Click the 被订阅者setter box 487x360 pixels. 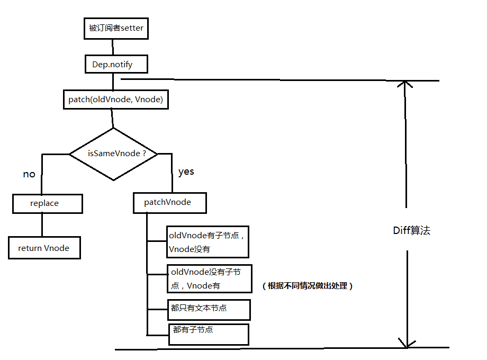point(116,29)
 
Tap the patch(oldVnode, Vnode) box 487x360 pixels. point(115,100)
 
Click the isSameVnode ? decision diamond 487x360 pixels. point(114,154)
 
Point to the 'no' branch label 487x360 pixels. point(29,174)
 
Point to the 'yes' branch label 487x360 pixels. point(186,172)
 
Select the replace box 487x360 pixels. point(48,203)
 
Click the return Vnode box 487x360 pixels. point(44,248)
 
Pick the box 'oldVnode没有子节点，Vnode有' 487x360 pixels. point(209,278)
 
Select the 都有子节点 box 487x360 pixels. point(208,334)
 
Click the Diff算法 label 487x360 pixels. point(411,230)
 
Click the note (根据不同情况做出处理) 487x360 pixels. point(307,286)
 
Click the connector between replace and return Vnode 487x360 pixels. point(42,225)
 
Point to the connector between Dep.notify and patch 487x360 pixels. point(112,82)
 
